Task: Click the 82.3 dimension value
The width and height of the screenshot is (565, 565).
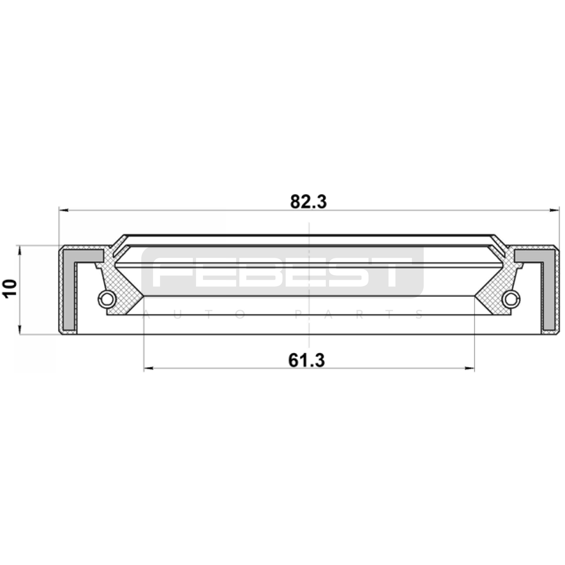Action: pos(309,202)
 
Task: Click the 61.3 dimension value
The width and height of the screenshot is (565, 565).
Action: pos(307,361)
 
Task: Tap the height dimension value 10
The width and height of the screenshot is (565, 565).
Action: pos(10,289)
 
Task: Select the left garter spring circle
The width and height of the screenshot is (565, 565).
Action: pos(106,299)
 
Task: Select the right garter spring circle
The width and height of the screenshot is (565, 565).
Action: pos(511,299)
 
